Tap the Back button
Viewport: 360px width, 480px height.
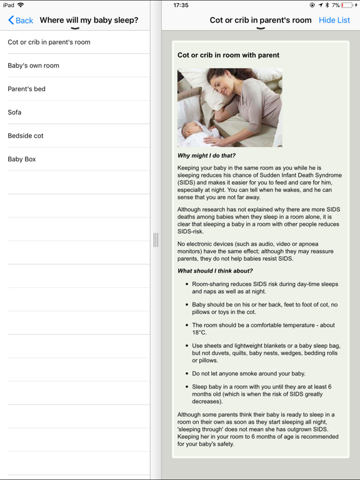(x=21, y=20)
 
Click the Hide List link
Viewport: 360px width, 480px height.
(x=334, y=20)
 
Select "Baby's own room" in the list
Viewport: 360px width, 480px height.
(x=33, y=66)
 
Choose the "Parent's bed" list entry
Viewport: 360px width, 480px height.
(x=26, y=89)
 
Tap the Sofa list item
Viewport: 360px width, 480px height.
(x=14, y=112)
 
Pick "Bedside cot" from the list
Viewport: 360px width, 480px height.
(x=26, y=136)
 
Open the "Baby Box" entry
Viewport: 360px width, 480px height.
(x=22, y=159)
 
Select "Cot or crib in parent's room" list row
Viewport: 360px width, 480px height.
(x=49, y=42)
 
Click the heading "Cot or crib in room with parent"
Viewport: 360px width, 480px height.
(x=228, y=55)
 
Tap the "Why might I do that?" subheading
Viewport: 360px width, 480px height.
(x=206, y=156)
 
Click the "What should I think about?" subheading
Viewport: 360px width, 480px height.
(x=215, y=271)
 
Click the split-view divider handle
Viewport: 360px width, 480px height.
(x=156, y=239)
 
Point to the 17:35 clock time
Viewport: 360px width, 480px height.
(x=181, y=5)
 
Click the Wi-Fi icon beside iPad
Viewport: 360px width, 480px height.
(x=21, y=5)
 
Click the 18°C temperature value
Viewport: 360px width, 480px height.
(x=199, y=333)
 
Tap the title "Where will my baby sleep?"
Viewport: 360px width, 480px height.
(x=89, y=20)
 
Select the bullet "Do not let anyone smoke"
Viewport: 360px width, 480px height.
(x=249, y=374)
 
